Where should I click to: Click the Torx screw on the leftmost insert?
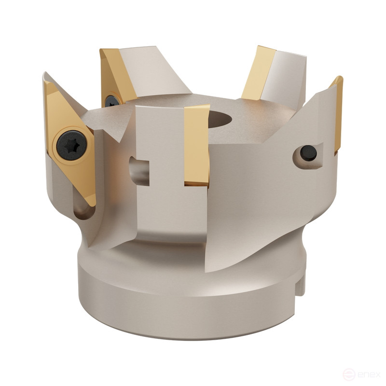coord(68,143)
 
